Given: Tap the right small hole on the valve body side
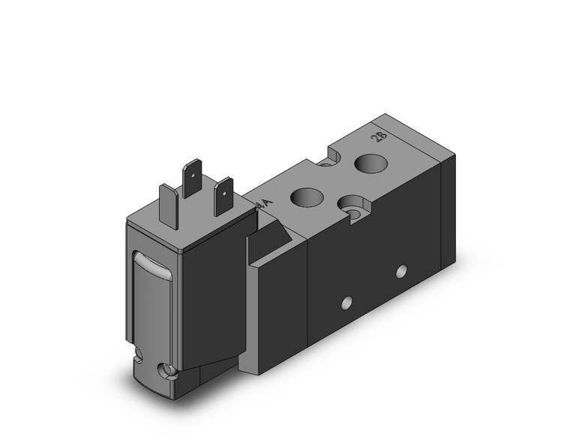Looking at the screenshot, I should coord(403,270).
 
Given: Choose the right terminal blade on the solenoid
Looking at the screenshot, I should coord(223,196).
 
